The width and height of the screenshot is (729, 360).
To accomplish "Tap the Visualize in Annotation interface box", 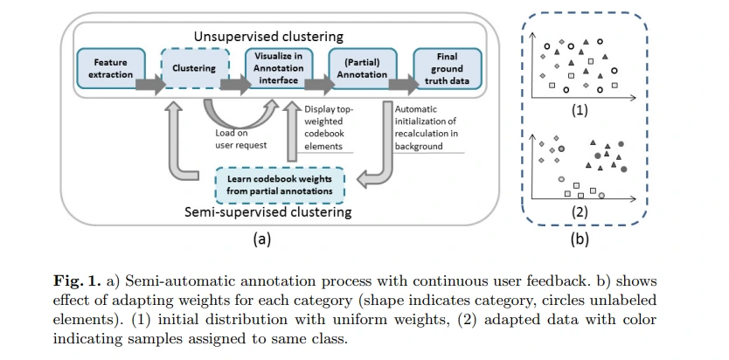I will (x=278, y=68).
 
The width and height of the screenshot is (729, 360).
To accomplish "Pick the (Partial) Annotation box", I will (x=362, y=68).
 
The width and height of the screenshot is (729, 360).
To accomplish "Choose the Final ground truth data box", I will (x=447, y=68).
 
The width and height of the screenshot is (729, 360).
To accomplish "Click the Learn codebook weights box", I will (x=280, y=184).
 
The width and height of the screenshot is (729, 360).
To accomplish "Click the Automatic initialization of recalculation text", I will (x=427, y=128).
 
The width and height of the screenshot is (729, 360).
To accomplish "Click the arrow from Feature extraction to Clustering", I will (x=149, y=85).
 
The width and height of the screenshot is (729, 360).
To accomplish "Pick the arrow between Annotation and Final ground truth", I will (x=403, y=85).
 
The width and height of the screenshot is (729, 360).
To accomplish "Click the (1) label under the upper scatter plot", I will (x=579, y=111).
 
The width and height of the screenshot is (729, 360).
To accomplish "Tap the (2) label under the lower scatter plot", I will (x=579, y=211).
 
